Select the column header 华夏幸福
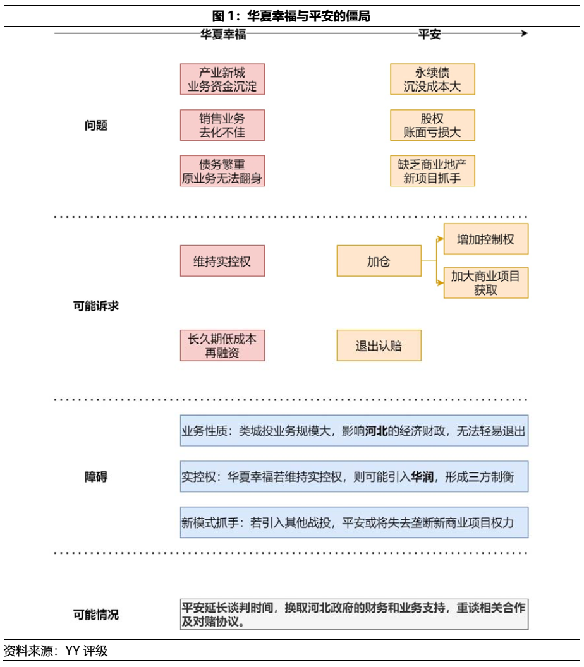pyautogui.click(x=223, y=34)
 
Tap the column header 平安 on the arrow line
pyautogui.click(x=429, y=34)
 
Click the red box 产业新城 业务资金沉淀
pyautogui.click(x=222, y=79)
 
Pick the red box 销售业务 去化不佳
pyautogui.click(x=222, y=125)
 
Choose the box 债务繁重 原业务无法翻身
pyautogui.click(x=222, y=171)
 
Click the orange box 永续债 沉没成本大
pyautogui.click(x=432, y=79)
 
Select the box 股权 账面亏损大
pyautogui.click(x=432, y=125)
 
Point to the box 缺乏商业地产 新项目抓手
pyautogui.click(x=432, y=171)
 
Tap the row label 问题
pyautogui.click(x=96, y=125)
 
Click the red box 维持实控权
pyautogui.click(x=222, y=261)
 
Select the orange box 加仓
pyautogui.click(x=379, y=261)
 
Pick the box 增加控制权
pyautogui.click(x=485, y=239)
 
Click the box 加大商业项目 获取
pyautogui.click(x=485, y=283)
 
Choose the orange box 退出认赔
pyautogui.click(x=379, y=346)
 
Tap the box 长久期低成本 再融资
pyautogui.click(x=222, y=346)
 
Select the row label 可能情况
pyautogui.click(x=96, y=614)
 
